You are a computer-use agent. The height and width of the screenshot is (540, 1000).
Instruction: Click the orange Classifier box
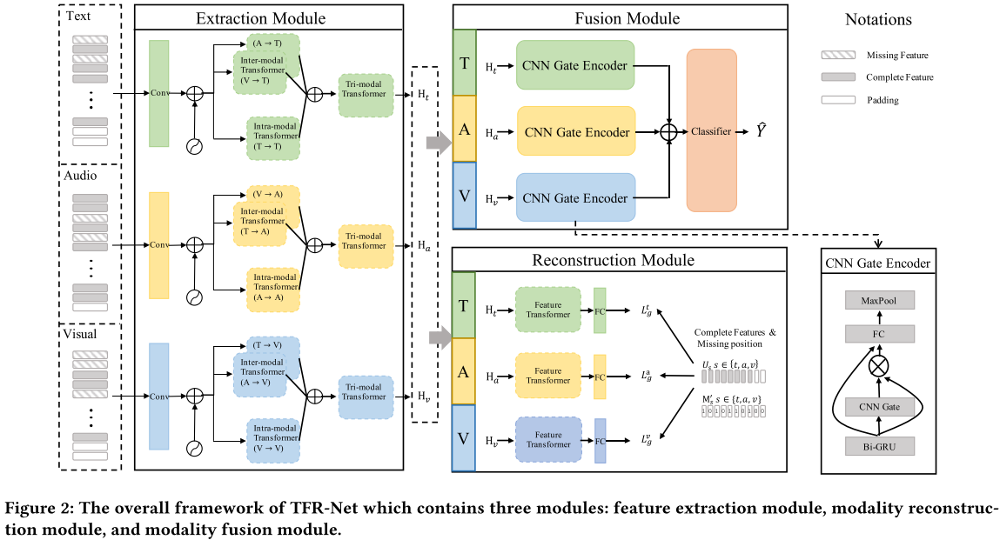(711, 130)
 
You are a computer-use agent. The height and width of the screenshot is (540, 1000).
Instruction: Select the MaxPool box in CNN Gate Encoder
(878, 301)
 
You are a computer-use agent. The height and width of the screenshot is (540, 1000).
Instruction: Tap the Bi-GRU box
(878, 446)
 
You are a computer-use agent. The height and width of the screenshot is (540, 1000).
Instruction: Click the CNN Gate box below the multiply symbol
(878, 406)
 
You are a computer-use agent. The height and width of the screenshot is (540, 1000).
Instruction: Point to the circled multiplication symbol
(878, 366)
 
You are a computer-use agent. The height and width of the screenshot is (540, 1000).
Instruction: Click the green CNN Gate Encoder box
(574, 64)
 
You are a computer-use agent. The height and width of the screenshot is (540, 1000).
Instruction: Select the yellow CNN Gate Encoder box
(575, 131)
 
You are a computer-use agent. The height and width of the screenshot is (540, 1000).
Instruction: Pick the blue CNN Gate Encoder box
(575, 197)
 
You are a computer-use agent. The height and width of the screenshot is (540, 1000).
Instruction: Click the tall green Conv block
(159, 93)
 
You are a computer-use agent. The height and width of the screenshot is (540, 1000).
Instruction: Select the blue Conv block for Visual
(159, 396)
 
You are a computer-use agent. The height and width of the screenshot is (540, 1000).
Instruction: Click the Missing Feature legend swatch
(838, 55)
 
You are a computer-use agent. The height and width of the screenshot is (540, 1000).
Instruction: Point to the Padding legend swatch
(838, 100)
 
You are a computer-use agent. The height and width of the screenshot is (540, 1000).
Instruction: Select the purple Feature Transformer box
(548, 438)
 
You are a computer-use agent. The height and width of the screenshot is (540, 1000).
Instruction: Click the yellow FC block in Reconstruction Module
(600, 377)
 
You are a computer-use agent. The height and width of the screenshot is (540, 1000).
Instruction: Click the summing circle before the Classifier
(669, 131)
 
